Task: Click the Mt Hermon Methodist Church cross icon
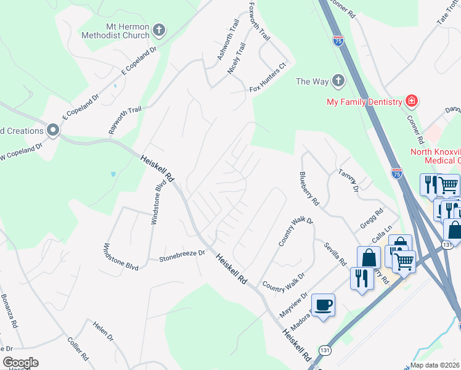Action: pos(159,29)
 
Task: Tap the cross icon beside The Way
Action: pos(338,81)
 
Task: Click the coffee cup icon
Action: pos(324,305)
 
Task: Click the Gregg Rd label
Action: pos(372,219)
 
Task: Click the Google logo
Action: pos(20,363)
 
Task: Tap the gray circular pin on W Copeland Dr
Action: pos(53,130)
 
